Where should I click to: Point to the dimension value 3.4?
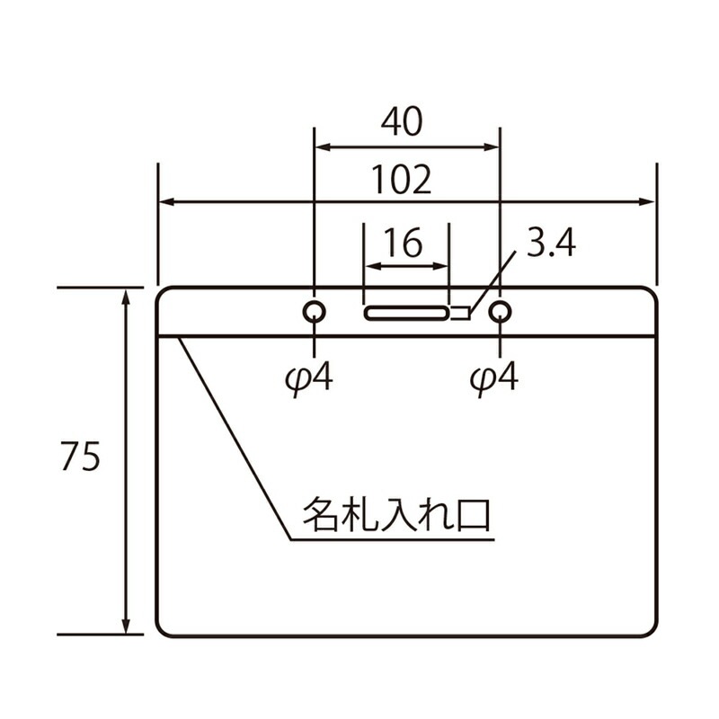550,244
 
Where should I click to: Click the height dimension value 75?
80,457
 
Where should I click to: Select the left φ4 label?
307,379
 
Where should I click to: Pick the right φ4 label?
494,379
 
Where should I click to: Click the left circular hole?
314,312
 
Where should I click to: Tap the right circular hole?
500,312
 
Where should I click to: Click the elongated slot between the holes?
406,313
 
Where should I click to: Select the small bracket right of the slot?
461,313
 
